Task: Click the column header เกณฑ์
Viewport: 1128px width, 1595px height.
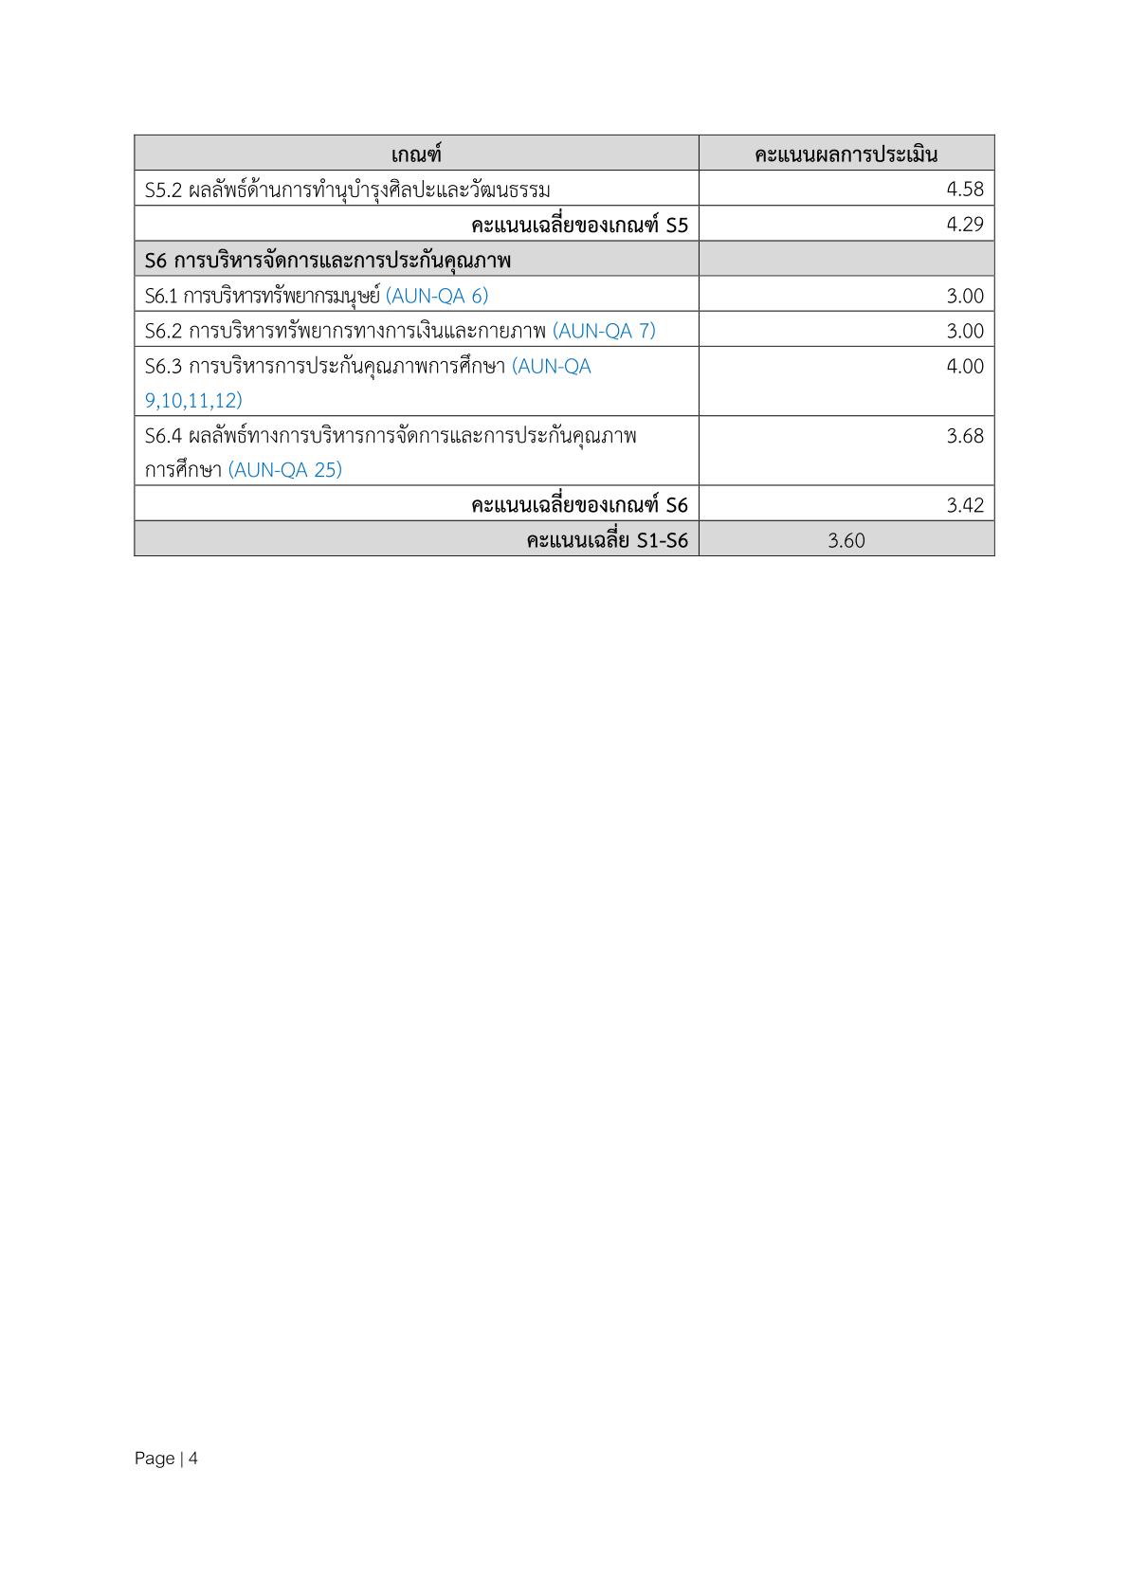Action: [416, 154]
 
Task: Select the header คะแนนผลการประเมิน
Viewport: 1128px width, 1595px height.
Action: [846, 154]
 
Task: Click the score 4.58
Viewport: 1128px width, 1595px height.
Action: [964, 190]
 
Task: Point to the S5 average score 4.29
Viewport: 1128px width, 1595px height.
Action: [964, 225]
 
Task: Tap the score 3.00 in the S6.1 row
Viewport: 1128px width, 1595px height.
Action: [964, 296]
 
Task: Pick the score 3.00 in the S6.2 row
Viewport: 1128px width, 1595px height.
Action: [964, 331]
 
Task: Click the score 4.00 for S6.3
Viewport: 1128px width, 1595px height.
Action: [964, 366]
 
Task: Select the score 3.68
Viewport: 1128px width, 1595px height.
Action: [964, 436]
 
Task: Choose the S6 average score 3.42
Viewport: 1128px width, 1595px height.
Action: [964, 505]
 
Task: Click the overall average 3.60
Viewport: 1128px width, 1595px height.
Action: [846, 540]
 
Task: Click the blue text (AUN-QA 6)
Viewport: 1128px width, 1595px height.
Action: [436, 296]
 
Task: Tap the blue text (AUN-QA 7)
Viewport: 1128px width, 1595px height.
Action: [604, 331]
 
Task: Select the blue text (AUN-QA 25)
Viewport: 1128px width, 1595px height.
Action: [284, 470]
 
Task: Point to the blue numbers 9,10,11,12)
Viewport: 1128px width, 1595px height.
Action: [193, 401]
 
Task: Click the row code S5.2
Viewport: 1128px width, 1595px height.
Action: [163, 190]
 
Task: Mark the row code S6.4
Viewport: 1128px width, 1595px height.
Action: [163, 436]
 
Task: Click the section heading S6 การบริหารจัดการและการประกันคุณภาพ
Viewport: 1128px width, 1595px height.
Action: [327, 261]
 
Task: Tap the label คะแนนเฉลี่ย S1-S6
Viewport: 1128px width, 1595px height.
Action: [607, 540]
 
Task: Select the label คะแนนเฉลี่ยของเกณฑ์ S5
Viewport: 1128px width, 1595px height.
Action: [579, 225]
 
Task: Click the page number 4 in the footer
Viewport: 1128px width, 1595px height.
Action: [193, 1459]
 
